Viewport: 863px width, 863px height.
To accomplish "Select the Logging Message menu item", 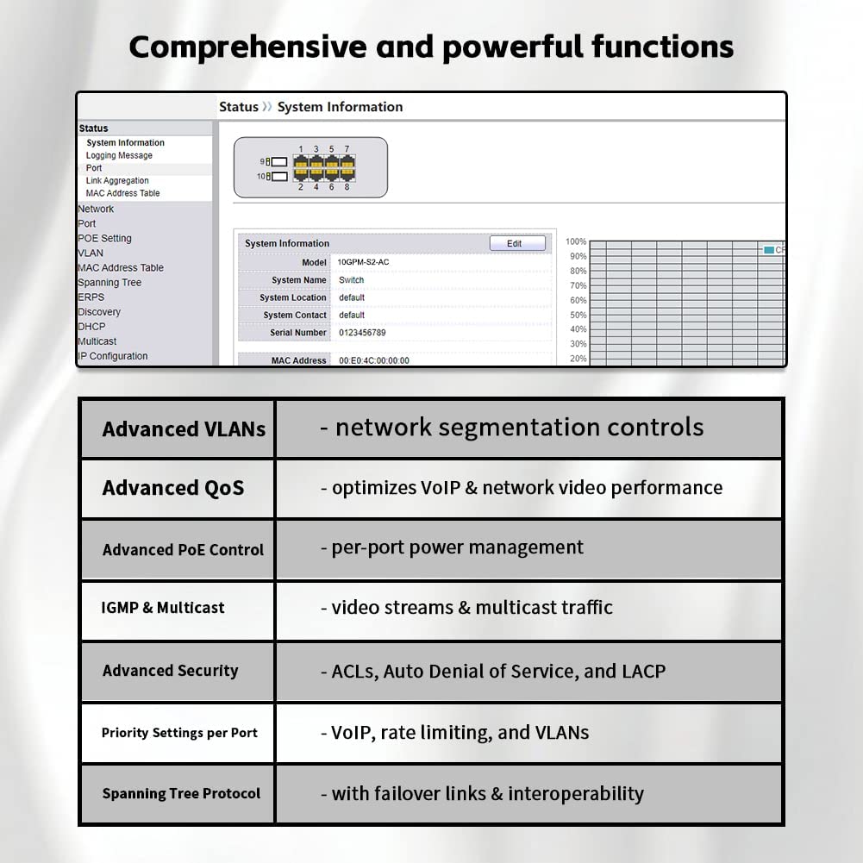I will coord(119,156).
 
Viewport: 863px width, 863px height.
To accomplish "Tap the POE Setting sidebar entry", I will coord(104,239).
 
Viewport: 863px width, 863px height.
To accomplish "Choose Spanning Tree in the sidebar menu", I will coord(109,283).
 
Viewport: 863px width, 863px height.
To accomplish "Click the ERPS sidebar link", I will coord(91,297).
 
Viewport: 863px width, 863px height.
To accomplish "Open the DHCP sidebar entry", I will coord(91,327).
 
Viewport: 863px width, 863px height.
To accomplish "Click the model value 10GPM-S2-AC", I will coord(364,262).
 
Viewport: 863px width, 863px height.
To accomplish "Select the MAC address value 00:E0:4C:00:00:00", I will coord(374,360).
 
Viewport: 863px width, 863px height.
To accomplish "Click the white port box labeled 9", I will coord(279,161).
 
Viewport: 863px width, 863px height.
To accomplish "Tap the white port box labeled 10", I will coord(279,177).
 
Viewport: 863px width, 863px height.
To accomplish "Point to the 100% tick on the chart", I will coord(576,242).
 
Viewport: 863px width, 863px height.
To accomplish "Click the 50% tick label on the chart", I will coord(578,316).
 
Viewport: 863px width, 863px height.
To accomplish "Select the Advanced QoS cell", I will coord(173,488).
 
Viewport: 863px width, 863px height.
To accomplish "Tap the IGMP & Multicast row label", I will coord(163,608).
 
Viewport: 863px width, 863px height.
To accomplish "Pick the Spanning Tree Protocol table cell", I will coord(181,794).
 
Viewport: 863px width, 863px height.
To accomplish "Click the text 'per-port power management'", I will coord(457,548).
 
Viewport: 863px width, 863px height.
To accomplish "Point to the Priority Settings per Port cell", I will coord(179,733).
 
